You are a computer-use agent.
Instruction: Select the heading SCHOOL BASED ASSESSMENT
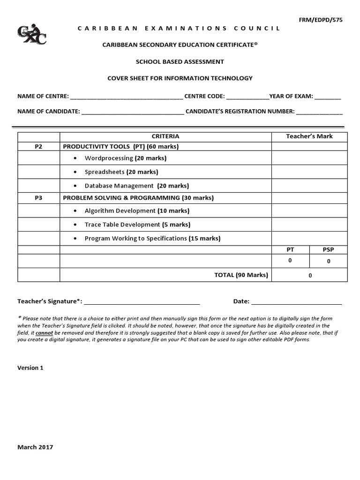click(x=180, y=61)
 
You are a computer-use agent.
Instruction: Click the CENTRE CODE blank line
click(x=247, y=97)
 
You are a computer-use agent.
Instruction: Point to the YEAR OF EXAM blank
click(x=328, y=97)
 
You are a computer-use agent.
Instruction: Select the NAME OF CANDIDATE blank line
click(x=133, y=112)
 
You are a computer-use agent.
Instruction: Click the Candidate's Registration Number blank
click(x=319, y=112)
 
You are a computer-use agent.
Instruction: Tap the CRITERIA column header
click(x=165, y=136)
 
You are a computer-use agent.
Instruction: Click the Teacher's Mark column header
click(x=309, y=136)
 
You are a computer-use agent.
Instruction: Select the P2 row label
click(x=38, y=147)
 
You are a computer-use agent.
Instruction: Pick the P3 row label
click(x=38, y=198)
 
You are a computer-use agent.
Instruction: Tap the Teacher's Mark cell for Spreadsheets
click(x=309, y=172)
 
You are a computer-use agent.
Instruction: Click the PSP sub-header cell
click(x=328, y=250)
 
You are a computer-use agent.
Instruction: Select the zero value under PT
click(x=290, y=261)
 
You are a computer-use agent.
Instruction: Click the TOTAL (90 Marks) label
click(x=241, y=275)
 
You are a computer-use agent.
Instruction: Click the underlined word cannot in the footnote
click(x=45, y=333)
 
